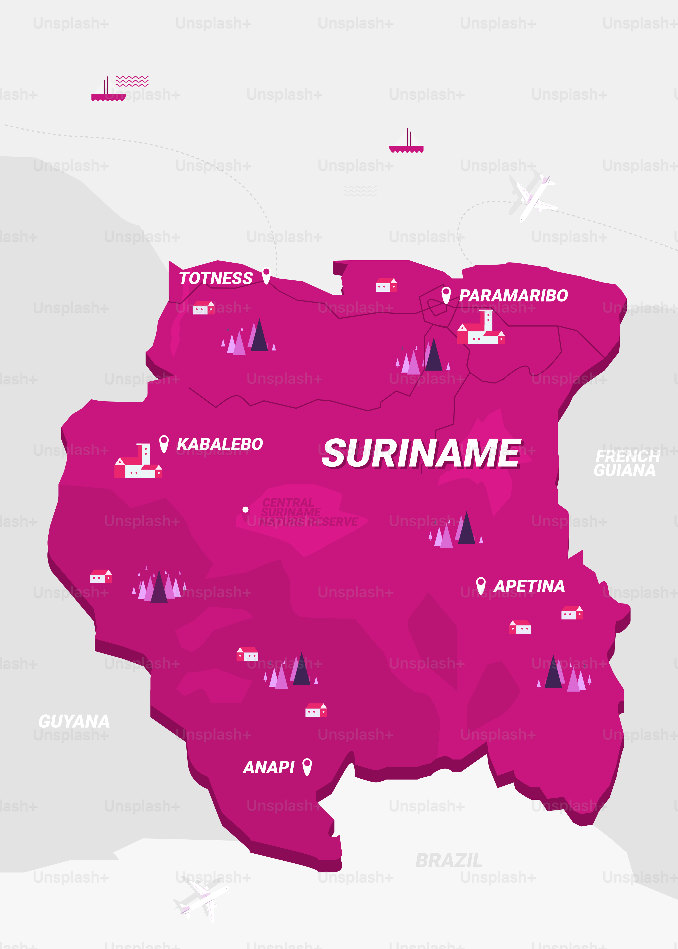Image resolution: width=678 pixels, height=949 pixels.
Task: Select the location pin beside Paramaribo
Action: (446, 295)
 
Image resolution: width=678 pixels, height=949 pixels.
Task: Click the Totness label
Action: (216, 278)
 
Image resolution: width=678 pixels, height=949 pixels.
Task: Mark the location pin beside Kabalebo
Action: (164, 443)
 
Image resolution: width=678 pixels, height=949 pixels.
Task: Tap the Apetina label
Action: (529, 586)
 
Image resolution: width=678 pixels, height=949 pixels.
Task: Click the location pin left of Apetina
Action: (480, 585)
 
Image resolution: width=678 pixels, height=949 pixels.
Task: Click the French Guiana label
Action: (626, 463)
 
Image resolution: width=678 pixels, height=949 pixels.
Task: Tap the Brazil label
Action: (449, 860)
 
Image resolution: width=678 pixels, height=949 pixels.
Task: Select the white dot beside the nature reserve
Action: (245, 509)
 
